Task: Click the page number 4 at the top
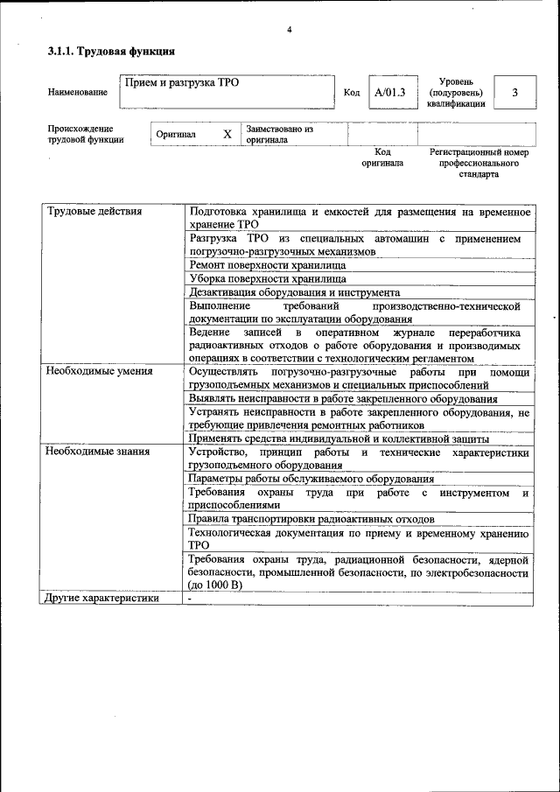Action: tap(289, 31)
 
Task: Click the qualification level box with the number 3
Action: tap(514, 92)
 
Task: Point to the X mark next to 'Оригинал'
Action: tap(227, 135)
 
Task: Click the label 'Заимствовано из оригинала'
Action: tap(279, 134)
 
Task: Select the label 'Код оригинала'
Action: tap(382, 158)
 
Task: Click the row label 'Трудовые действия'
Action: tap(94, 212)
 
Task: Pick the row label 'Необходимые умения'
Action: tap(99, 371)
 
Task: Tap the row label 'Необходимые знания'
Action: tap(97, 452)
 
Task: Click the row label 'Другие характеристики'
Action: tap(102, 599)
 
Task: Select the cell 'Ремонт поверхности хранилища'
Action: tap(267, 264)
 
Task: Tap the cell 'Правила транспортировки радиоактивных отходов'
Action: tap(311, 519)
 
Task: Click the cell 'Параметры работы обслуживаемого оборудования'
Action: tap(311, 479)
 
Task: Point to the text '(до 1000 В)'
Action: tap(214, 585)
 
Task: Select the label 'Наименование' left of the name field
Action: tap(78, 92)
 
